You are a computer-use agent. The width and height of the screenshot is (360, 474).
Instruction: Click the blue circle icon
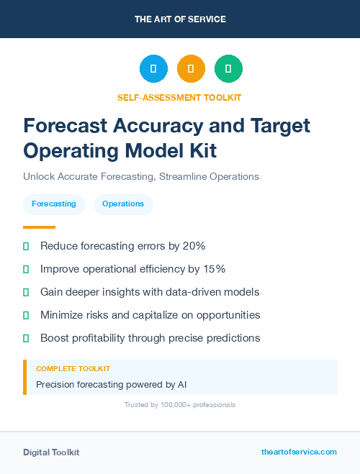pyautogui.click(x=153, y=69)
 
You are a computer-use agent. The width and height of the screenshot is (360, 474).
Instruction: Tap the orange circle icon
pyautogui.click(x=191, y=69)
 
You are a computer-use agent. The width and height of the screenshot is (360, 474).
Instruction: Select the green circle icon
pyautogui.click(x=228, y=69)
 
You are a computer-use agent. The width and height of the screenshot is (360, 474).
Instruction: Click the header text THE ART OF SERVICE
pyautogui.click(x=180, y=19)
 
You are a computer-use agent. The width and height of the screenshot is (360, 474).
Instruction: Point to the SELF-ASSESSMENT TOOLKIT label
pyautogui.click(x=179, y=97)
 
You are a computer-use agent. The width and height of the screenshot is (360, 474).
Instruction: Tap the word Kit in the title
pyautogui.click(x=200, y=150)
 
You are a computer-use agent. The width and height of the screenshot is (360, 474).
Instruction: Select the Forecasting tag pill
pyautogui.click(x=54, y=204)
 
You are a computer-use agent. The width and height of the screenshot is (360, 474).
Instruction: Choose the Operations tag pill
pyautogui.click(x=123, y=204)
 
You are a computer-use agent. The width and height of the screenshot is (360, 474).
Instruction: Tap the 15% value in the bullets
pyautogui.click(x=212, y=269)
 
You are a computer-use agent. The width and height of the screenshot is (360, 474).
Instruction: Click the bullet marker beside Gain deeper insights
pyautogui.click(x=26, y=292)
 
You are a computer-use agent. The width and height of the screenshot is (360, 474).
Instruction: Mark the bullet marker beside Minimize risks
pyautogui.click(x=26, y=315)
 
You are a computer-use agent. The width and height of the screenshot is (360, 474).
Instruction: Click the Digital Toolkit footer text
pyautogui.click(x=51, y=452)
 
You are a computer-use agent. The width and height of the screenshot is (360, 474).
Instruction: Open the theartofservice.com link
pyautogui.click(x=299, y=452)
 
